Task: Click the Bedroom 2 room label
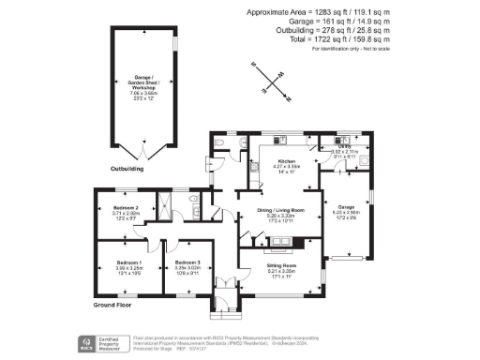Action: pos(126,207)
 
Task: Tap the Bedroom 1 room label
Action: pos(128,262)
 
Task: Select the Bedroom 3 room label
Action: pos(187,262)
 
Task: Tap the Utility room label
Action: pos(345,146)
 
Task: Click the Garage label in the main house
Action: pos(347,207)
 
